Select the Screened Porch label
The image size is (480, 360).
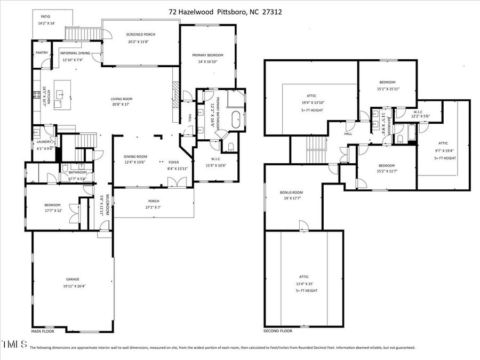(141, 34)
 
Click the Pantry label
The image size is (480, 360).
(42, 53)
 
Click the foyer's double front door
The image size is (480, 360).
(172, 183)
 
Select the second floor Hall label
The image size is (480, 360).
(348, 134)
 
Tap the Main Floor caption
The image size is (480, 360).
(44, 331)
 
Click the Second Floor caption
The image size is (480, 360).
(278, 331)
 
